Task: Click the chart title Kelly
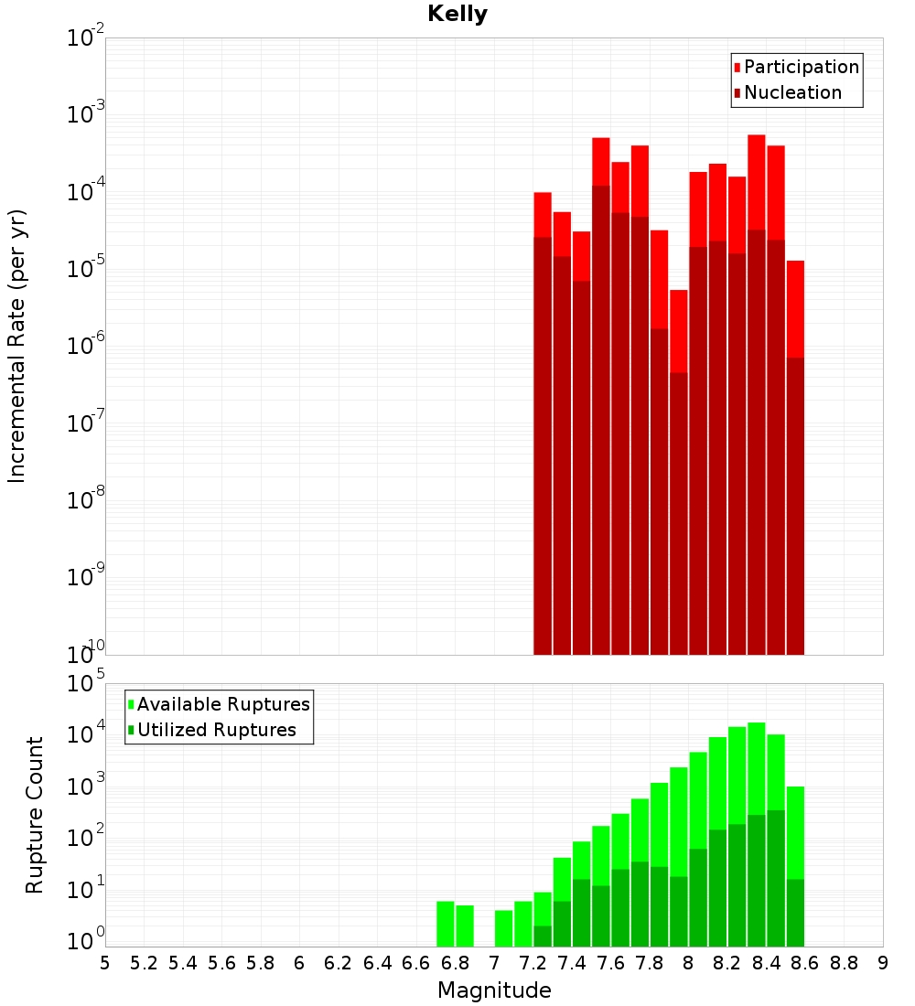[x=457, y=15]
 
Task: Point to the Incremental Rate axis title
[x=17, y=347]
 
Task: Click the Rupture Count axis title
[x=35, y=815]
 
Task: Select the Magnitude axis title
[x=494, y=990]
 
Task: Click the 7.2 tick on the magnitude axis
[x=533, y=962]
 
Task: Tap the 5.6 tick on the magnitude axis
[x=221, y=962]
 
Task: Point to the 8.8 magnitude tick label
[x=844, y=962]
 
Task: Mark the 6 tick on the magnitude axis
[x=299, y=962]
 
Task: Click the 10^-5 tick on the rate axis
[x=85, y=268]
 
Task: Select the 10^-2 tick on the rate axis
[x=85, y=38]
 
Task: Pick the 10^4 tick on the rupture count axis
[x=85, y=734]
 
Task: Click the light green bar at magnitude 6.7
[x=446, y=924]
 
